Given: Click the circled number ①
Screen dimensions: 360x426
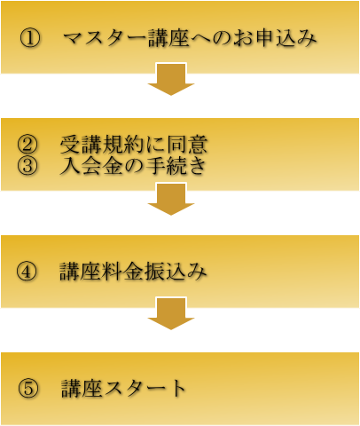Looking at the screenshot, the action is pyautogui.click(x=29, y=38).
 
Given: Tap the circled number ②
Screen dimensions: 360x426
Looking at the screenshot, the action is pyautogui.click(x=27, y=145).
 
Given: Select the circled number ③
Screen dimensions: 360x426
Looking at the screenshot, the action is pyautogui.click(x=27, y=165).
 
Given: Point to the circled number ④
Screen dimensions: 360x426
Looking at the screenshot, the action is pyautogui.click(x=27, y=271).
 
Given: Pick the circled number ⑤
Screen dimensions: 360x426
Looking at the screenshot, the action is pyautogui.click(x=28, y=388).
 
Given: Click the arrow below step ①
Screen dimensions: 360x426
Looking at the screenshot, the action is pyautogui.click(x=171, y=79).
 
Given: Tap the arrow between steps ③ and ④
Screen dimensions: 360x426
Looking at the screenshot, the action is pyautogui.click(x=171, y=199).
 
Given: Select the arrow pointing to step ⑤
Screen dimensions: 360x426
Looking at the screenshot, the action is pyautogui.click(x=171, y=313).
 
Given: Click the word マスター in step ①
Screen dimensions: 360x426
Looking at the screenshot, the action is pyautogui.click(x=105, y=38).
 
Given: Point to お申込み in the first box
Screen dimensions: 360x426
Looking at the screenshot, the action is pyautogui.click(x=275, y=38).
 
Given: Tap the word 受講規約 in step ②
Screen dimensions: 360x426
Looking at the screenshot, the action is pyautogui.click(x=103, y=145).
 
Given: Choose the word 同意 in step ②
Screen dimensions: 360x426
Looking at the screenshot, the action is pyautogui.click(x=187, y=145).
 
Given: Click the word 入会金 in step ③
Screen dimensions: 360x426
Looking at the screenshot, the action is pyautogui.click(x=91, y=165).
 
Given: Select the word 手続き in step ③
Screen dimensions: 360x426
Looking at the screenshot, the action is pyautogui.click(x=176, y=165).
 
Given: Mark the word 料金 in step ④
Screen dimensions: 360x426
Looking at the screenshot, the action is pyautogui.click(x=122, y=271).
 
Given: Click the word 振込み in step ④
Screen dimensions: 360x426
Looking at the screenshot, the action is pyautogui.click(x=176, y=271).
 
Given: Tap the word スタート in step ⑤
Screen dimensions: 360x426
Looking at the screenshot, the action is pyautogui.click(x=145, y=388).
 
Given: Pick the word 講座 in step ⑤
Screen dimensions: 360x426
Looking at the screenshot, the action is pyautogui.click(x=82, y=388).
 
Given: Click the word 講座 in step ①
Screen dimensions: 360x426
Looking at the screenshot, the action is pyautogui.click(x=168, y=38).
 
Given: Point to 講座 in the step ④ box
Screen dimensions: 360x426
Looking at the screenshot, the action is pyautogui.click(x=80, y=271).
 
